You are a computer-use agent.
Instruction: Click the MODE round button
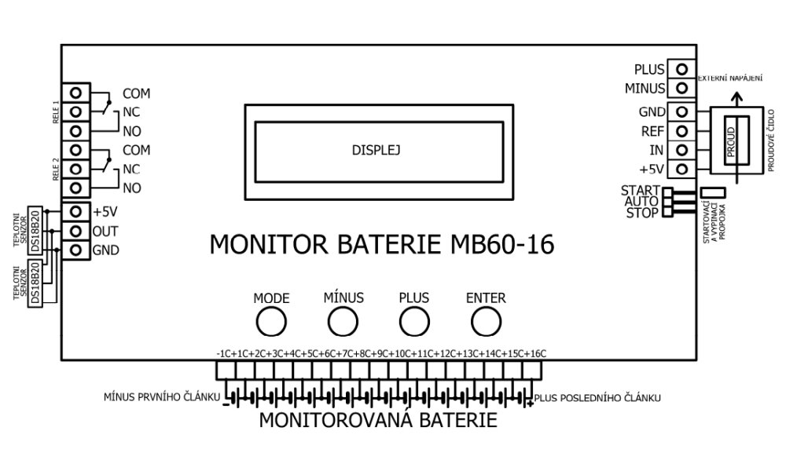click(272, 321)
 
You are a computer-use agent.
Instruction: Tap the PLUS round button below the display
click(414, 321)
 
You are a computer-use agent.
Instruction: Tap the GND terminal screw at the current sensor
click(684, 112)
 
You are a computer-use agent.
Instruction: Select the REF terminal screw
click(684, 131)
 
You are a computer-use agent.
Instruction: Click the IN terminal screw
click(684, 150)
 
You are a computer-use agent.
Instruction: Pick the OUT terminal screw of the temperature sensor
click(76, 232)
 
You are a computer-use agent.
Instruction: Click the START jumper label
click(640, 191)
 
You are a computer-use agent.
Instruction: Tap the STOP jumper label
click(642, 212)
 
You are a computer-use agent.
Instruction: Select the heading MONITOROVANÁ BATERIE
click(378, 420)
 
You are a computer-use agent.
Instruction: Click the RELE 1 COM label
click(136, 93)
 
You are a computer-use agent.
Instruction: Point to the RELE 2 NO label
click(132, 188)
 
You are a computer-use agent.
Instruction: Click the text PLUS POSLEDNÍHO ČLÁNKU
click(597, 398)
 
